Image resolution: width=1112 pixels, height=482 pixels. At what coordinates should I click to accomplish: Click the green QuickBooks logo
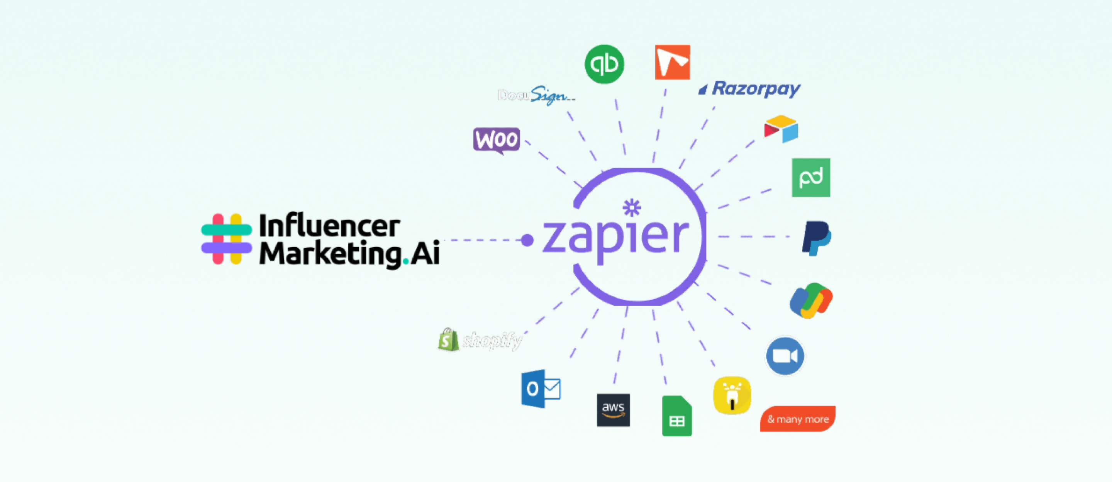pos(604,64)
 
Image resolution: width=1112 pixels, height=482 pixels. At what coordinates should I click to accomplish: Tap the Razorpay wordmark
pos(756,88)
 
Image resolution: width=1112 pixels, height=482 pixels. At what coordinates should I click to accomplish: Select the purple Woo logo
pos(497,140)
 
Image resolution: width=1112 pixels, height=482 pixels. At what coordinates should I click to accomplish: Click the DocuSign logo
pos(536,95)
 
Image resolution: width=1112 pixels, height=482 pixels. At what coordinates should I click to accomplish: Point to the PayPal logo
pos(816,238)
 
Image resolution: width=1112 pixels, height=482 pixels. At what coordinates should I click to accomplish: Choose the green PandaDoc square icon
pos(811,178)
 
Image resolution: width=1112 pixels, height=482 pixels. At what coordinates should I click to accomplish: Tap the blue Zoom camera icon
pos(785,356)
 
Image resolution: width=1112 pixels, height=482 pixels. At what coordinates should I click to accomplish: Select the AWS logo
pos(613,410)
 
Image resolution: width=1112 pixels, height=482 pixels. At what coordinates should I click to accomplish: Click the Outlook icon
pos(541,388)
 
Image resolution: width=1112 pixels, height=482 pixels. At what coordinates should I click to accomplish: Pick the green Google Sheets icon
pos(677,416)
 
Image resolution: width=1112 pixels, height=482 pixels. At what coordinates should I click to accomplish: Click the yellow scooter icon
pos(732,395)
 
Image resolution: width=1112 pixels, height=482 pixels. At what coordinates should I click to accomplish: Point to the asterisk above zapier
pos(632,208)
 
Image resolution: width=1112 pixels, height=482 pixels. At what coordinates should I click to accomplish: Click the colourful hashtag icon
pos(227,238)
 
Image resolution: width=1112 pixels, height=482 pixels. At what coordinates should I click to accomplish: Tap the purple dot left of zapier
pos(527,240)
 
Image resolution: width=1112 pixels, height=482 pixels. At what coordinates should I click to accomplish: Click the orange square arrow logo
pos(672,62)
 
